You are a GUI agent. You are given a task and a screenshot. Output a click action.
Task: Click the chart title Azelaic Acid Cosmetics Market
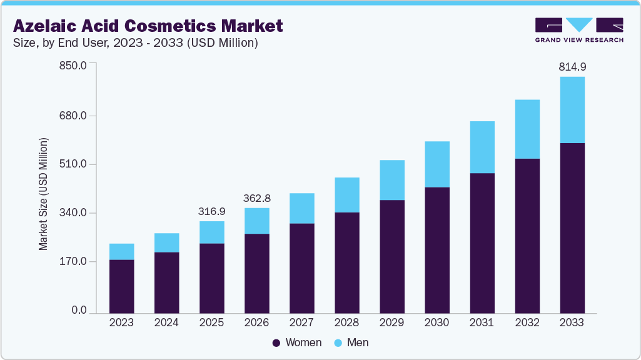[x=148, y=26]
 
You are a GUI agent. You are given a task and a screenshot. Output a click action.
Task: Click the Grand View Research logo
[x=579, y=29]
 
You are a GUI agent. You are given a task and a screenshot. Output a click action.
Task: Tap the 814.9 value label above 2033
[x=572, y=66]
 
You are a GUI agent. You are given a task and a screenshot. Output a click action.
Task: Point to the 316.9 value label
[x=211, y=211]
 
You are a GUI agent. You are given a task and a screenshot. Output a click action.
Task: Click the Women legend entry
[x=297, y=342]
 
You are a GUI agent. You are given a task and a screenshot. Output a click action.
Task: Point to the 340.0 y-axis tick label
[x=74, y=213]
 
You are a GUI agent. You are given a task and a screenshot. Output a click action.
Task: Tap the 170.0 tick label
[x=74, y=261]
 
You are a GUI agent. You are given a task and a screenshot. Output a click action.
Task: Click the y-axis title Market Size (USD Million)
[x=43, y=194]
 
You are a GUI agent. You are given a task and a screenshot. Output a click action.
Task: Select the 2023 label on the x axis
[x=121, y=322]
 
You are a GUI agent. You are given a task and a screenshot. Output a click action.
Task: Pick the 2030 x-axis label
[x=437, y=322]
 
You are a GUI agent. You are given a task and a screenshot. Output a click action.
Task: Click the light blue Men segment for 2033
[x=572, y=110]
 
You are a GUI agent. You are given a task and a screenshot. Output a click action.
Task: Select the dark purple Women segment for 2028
[x=346, y=262]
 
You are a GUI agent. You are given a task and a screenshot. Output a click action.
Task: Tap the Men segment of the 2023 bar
[x=121, y=251]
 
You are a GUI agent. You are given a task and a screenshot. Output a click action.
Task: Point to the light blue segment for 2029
[x=391, y=180]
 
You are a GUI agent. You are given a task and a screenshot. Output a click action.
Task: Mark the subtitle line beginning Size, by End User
[x=136, y=43]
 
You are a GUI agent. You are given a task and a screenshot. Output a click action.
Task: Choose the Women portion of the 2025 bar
[x=211, y=278]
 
